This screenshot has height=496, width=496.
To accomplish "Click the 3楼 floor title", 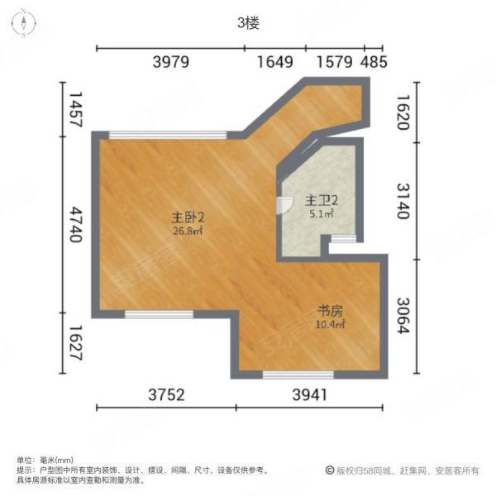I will pos(248,24).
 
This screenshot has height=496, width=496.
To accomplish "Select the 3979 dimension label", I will pos(172,62).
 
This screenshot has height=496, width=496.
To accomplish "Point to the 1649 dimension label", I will pos(274,62).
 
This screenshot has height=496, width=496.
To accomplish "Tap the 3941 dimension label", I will pos(310,395).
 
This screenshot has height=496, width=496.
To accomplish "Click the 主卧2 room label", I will pos(188,217).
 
